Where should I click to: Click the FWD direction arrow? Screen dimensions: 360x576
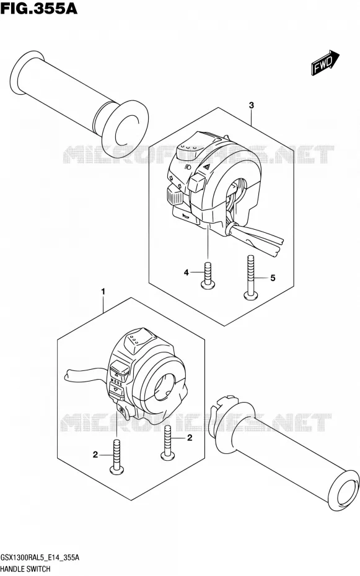[325, 63]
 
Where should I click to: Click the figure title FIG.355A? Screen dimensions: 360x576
[38, 8]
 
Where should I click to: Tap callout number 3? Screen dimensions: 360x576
[252, 105]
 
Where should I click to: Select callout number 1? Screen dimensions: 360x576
[103, 291]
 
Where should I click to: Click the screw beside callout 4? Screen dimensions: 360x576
[208, 274]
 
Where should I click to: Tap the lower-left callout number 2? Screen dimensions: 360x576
[95, 455]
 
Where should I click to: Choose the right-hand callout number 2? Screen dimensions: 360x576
[190, 437]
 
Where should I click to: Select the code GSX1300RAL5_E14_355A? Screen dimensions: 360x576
[40, 557]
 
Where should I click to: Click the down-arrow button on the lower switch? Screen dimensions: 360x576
[117, 390]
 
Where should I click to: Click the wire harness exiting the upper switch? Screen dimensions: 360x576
[257, 240]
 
